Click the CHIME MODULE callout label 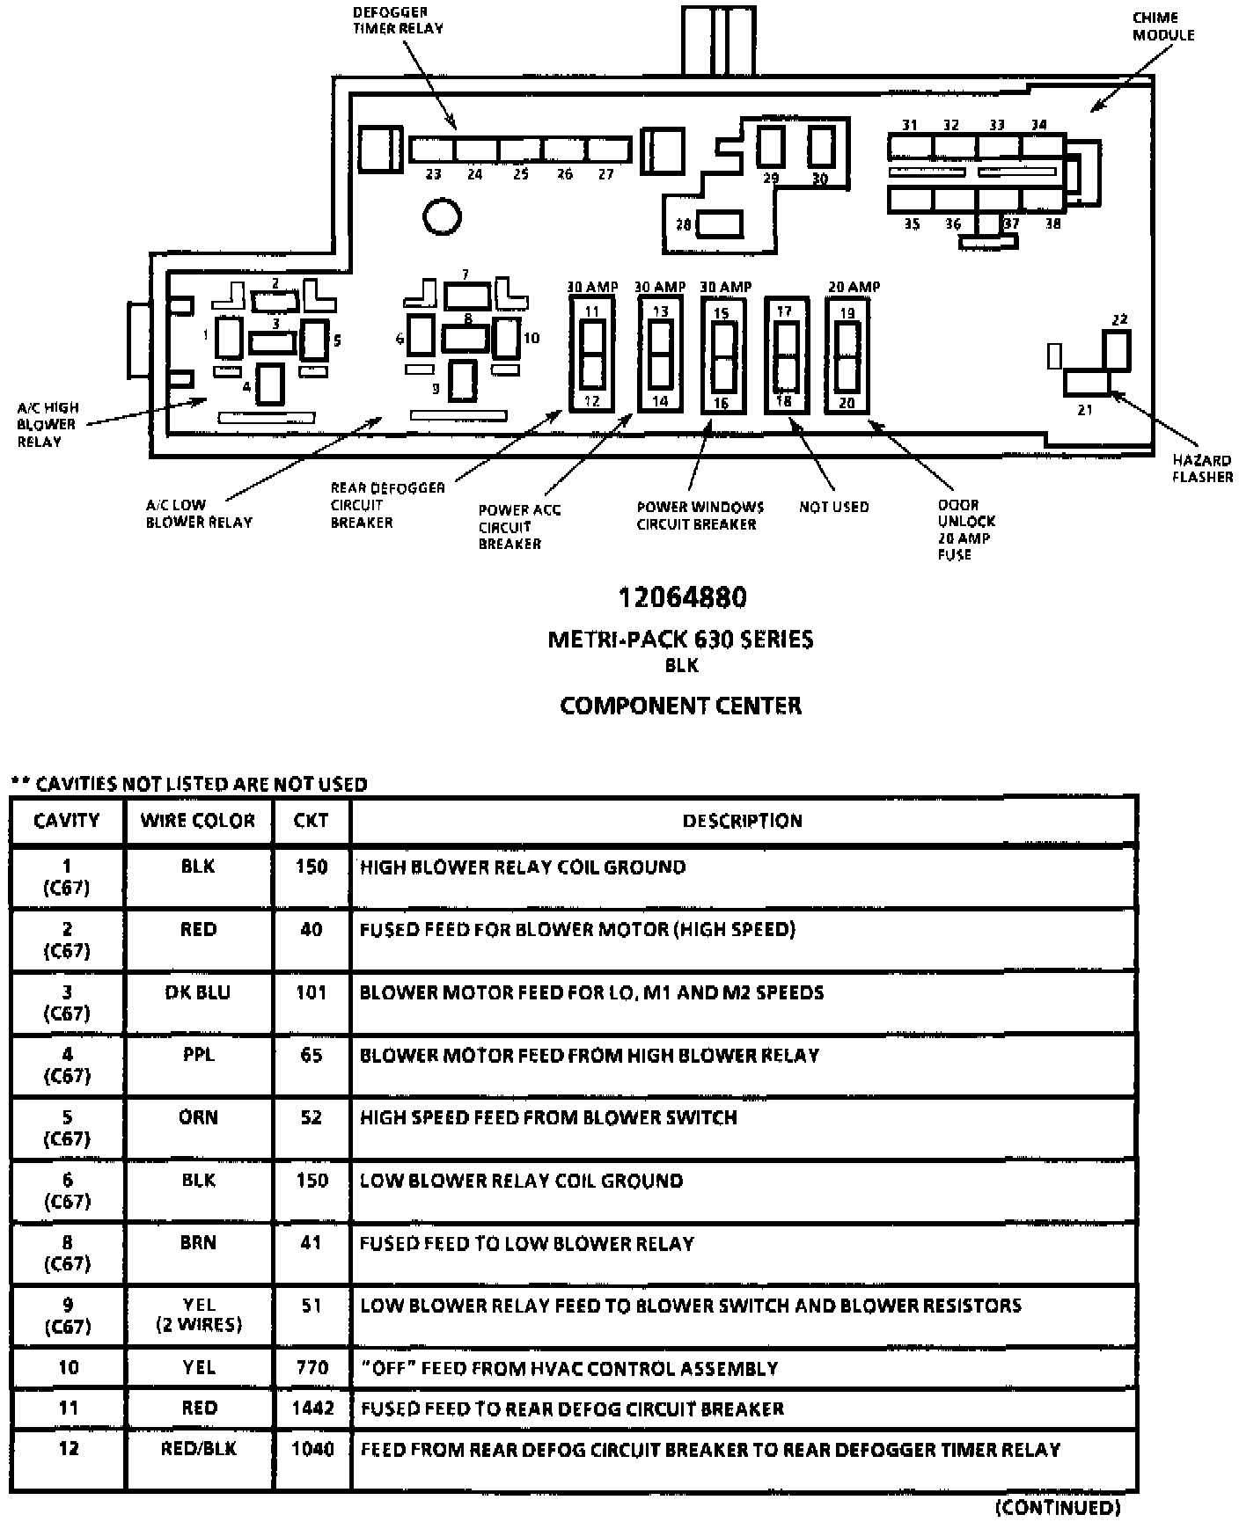coord(1162,26)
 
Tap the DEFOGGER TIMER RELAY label coord(398,20)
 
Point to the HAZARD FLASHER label coord(1202,468)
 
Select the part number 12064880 coord(682,598)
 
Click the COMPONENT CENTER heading coord(680,706)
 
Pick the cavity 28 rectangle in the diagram coord(720,224)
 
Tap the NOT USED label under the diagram coord(833,507)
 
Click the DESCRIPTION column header coord(742,821)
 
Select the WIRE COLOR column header coord(198,821)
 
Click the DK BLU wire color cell coord(198,992)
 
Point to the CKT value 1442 coord(312,1409)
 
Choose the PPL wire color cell coord(198,1055)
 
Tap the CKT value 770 coord(312,1368)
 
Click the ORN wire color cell coord(198,1117)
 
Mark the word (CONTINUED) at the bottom coord(1058,1507)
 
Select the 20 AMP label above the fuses coord(853,287)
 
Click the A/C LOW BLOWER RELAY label coord(199,514)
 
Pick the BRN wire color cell coord(198,1243)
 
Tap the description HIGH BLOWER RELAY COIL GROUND coord(523,867)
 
